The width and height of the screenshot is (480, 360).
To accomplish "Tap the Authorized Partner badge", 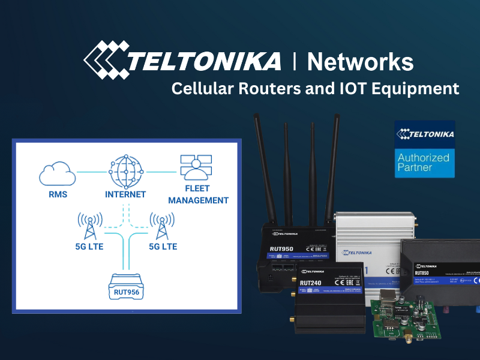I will [x=424, y=149].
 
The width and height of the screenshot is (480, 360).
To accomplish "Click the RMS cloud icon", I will [x=58, y=175].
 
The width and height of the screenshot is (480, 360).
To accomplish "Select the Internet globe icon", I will [x=125, y=172].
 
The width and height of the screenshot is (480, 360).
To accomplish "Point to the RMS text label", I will [x=58, y=194].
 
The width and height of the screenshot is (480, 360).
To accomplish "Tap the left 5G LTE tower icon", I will [x=89, y=224].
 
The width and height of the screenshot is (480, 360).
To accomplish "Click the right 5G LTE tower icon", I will [x=161, y=224].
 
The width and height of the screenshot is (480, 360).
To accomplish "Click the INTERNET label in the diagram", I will [x=125, y=194].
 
